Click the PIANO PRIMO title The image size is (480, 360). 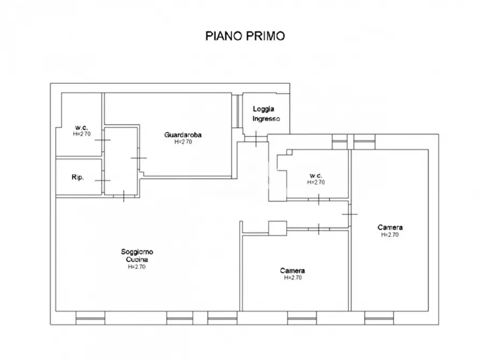[245, 36]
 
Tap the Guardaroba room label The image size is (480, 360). [178, 135]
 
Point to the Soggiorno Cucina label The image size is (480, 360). [137, 255]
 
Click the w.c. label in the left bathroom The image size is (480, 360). [82, 128]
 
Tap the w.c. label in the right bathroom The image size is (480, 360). [316, 176]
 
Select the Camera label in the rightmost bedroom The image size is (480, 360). [390, 227]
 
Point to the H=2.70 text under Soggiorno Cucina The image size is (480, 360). [137, 266]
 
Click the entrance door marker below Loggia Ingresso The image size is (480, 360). [256, 139]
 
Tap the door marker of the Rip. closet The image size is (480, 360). [103, 181]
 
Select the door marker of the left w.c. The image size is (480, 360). [103, 140]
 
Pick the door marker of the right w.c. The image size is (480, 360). [319, 200]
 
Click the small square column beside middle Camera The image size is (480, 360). [277, 228]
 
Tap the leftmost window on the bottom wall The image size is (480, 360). [90, 318]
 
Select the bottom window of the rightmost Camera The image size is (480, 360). [379, 318]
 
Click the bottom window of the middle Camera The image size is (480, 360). [302, 318]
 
